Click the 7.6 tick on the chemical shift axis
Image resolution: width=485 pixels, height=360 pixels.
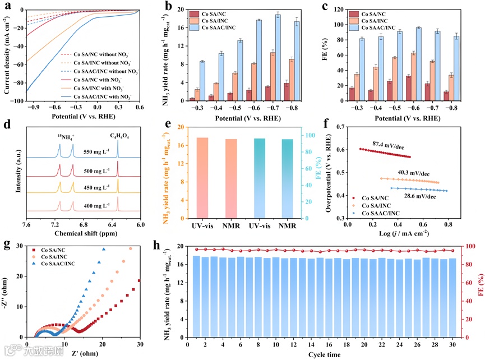point(26,224)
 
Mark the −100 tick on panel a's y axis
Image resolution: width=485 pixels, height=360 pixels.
point(19,101)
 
